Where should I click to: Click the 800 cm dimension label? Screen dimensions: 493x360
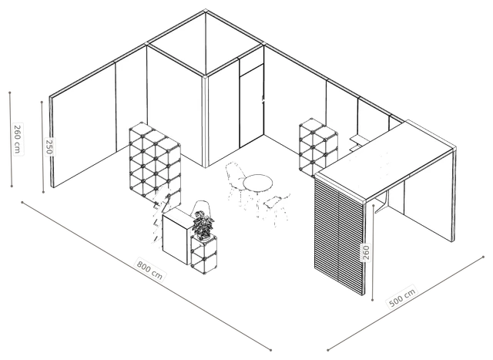(149, 269)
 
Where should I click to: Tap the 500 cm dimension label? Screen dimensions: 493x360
(402, 297)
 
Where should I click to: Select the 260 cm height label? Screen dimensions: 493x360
(18, 139)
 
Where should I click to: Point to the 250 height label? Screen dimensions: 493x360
(49, 146)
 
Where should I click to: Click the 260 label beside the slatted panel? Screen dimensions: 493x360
(366, 253)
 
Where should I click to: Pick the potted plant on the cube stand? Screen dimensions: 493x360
(203, 224)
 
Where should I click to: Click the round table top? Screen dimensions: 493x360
(258, 183)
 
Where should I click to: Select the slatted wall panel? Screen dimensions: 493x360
(339, 236)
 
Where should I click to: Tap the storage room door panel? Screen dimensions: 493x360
(252, 106)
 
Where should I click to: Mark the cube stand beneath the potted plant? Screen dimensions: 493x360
(203, 254)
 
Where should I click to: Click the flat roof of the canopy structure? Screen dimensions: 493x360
(385, 160)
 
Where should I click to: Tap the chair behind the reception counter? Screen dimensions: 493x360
(202, 208)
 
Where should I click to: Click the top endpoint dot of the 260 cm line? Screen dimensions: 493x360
(10, 93)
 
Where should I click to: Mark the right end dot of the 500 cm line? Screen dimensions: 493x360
(483, 257)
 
